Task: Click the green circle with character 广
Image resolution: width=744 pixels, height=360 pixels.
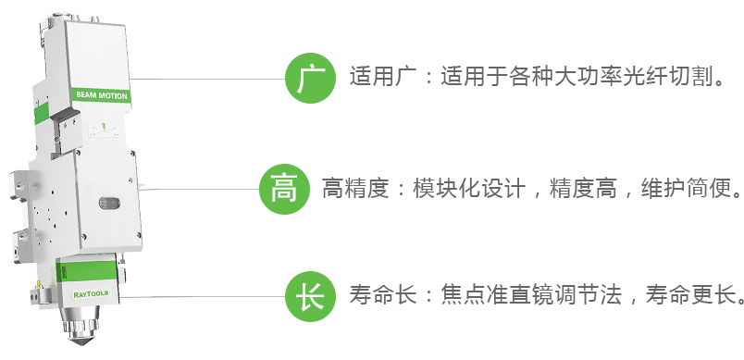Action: (x=310, y=79)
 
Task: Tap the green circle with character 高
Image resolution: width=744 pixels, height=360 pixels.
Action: (x=284, y=189)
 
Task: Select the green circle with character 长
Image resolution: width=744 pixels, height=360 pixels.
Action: (x=310, y=296)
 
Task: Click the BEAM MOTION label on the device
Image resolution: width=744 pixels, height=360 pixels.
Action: (x=102, y=95)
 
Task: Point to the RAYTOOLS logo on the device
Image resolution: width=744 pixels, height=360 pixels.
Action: (x=91, y=294)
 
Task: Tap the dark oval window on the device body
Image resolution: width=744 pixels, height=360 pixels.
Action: (x=109, y=204)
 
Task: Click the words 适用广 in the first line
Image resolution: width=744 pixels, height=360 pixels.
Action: (x=383, y=77)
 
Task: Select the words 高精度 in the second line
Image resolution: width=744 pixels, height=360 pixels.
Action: (x=355, y=188)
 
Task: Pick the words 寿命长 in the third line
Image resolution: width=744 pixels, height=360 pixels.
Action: (x=383, y=294)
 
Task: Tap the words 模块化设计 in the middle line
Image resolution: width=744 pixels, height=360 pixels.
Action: (x=469, y=188)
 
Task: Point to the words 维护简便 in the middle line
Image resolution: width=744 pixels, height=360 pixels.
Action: (x=685, y=188)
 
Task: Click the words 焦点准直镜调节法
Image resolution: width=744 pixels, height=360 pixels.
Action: (x=531, y=294)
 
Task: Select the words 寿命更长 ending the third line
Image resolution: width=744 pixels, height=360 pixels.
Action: (x=690, y=294)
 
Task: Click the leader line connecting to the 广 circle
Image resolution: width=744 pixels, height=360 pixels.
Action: (x=207, y=79)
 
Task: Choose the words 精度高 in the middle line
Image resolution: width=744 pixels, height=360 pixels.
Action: (x=583, y=188)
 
